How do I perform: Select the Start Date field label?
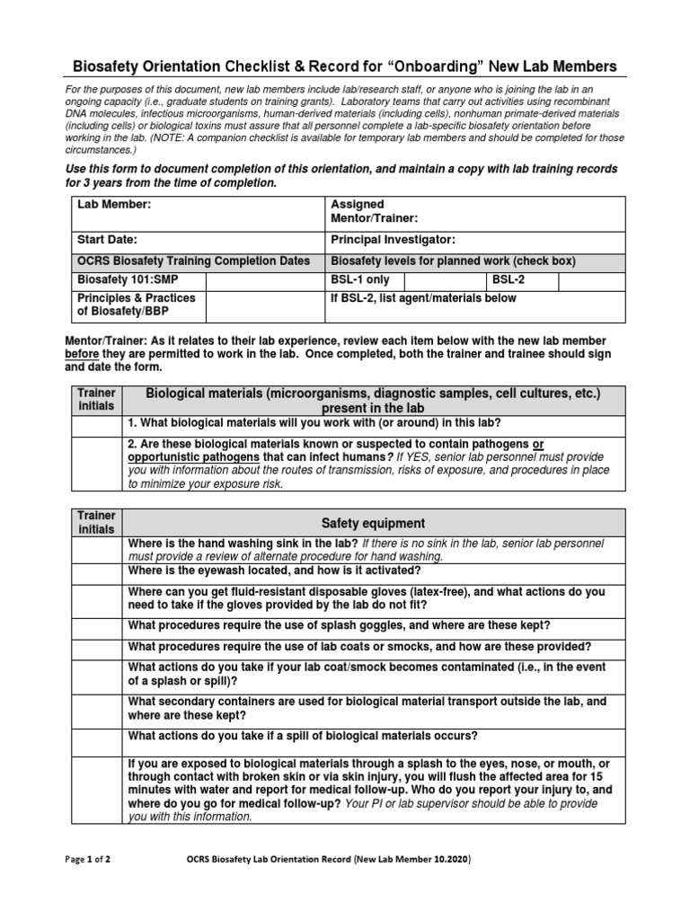tap(107, 240)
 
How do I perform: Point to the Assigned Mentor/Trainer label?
tap(375, 211)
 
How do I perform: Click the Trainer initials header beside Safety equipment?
tap(96, 523)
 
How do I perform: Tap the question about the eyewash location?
tap(275, 571)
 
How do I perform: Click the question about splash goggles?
tap(340, 624)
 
